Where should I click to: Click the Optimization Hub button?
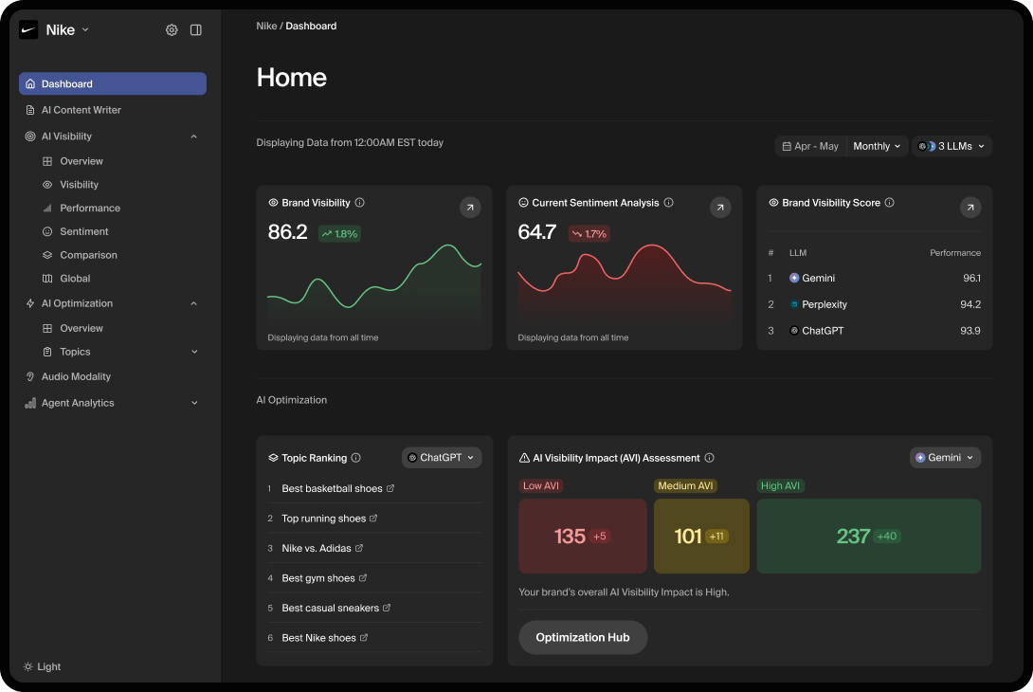[582, 637]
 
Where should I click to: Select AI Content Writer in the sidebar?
[81, 110]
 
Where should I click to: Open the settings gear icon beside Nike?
[172, 30]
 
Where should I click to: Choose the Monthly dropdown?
[877, 146]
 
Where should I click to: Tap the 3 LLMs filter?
[951, 146]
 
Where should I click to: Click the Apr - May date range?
[811, 146]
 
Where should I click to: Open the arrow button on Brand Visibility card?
[470, 207]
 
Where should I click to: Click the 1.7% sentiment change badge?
[589, 233]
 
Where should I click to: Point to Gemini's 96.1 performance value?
[970, 278]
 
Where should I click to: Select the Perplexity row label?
[824, 304]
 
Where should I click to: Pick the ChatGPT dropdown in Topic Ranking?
[442, 458]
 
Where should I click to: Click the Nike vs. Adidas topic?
[317, 548]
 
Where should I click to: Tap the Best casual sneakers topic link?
[331, 608]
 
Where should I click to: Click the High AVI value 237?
[853, 537]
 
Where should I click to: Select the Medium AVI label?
[685, 485]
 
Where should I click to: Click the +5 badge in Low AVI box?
[599, 537]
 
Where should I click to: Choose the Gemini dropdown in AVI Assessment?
[945, 458]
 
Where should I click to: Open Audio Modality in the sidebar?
[76, 376]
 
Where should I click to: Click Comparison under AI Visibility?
[88, 255]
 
